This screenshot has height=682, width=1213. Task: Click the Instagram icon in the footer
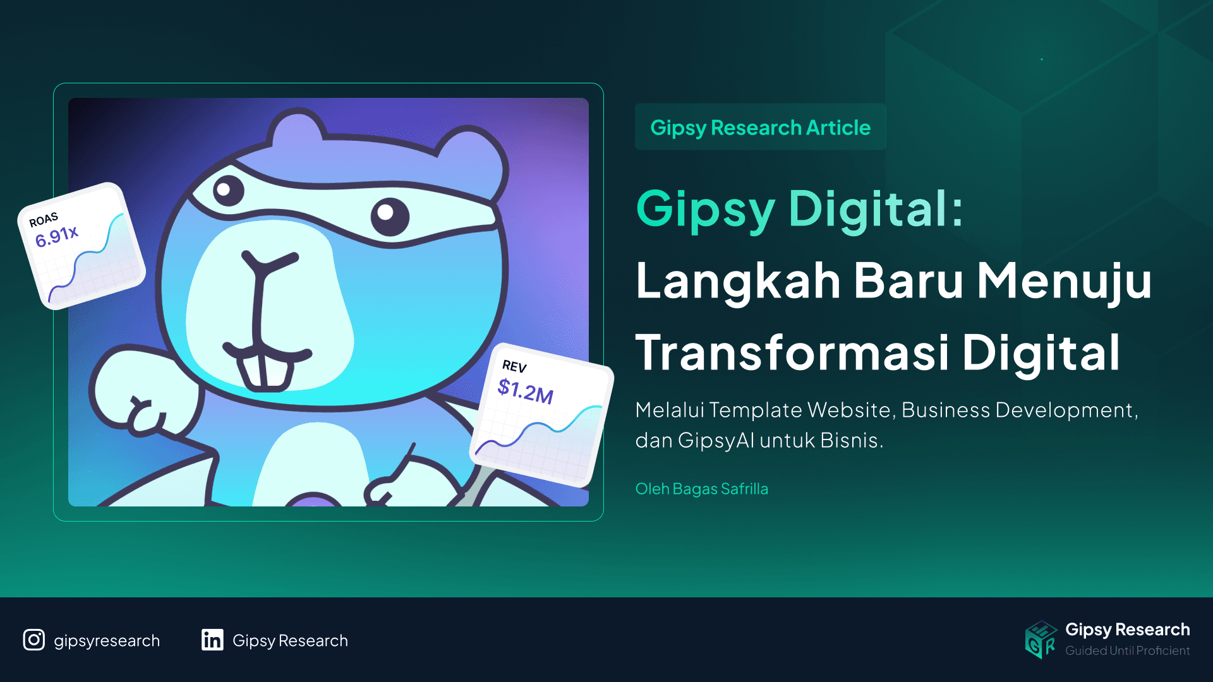point(34,640)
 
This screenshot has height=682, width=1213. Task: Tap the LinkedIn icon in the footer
point(212,640)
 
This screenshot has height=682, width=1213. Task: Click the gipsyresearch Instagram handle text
point(107,640)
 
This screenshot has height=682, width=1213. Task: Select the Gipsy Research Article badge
point(760,127)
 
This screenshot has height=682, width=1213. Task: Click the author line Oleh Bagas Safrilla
point(701,489)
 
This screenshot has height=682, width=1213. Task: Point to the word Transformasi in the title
point(792,352)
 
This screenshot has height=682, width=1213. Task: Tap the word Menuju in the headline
point(1064,280)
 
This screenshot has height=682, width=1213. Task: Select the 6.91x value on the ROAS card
point(57,236)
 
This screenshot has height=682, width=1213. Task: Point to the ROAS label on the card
point(44,220)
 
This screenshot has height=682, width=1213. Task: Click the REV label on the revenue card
point(514,366)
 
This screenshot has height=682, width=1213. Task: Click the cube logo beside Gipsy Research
point(1041,639)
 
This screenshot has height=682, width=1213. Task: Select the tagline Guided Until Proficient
point(1127,650)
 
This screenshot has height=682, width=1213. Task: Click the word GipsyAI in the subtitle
point(716,440)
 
